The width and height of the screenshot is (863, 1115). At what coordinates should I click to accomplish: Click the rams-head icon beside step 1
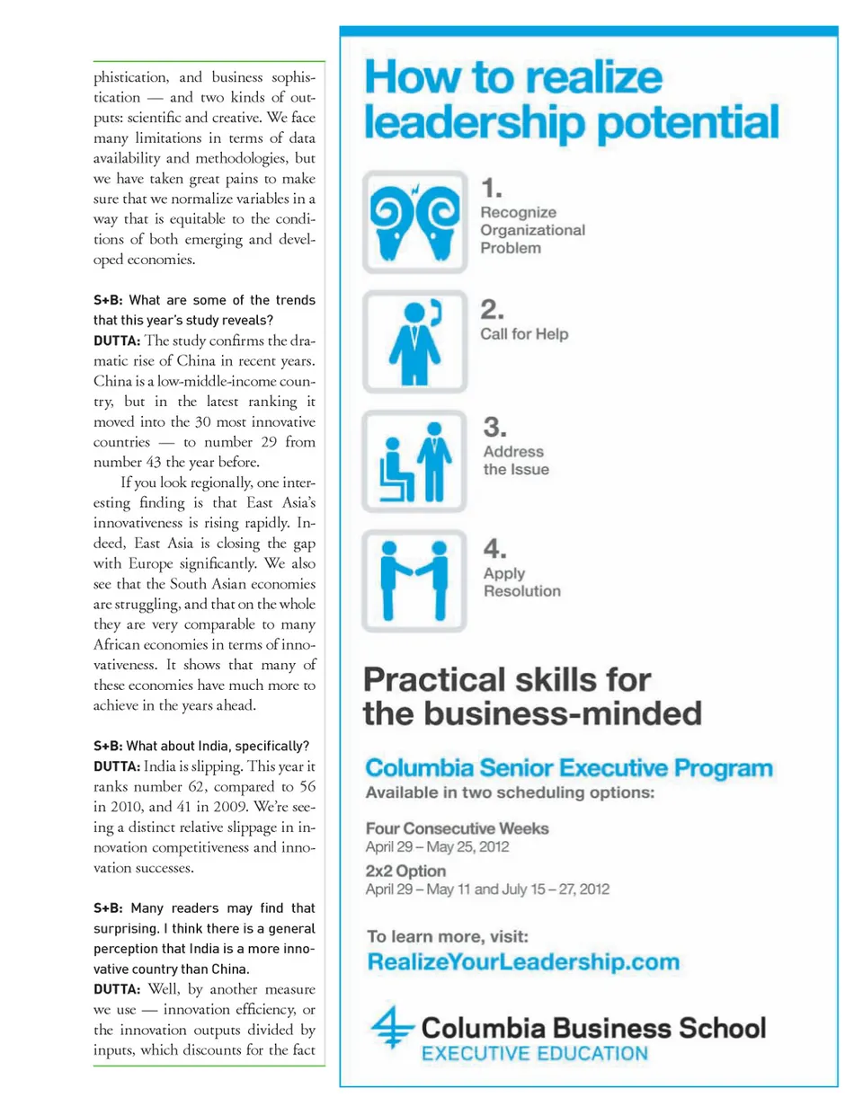click(414, 221)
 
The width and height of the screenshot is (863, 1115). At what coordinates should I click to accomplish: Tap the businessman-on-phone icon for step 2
click(414, 341)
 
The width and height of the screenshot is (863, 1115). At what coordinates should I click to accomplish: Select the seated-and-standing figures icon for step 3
click(414, 462)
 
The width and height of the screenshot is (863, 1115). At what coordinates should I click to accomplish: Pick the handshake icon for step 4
click(414, 581)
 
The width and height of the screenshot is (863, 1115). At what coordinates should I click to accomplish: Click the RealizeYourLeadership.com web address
click(523, 962)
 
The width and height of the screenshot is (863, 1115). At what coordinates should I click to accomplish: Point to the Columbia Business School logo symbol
click(392, 1026)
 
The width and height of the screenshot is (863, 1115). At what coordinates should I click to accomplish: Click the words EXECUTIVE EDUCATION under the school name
click(534, 1054)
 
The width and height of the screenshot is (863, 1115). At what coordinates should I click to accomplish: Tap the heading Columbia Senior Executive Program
click(568, 768)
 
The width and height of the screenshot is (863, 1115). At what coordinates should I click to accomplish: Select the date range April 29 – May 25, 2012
click(437, 847)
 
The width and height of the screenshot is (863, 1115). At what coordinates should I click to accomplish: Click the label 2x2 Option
click(405, 871)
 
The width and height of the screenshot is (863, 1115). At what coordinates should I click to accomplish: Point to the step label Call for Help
click(524, 334)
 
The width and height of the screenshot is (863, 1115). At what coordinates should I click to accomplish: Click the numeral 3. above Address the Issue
click(494, 427)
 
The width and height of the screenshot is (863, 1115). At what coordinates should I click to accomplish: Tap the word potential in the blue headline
click(688, 123)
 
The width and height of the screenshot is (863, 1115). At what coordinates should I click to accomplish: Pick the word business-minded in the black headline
click(563, 714)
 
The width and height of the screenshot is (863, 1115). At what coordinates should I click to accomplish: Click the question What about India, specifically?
click(218, 746)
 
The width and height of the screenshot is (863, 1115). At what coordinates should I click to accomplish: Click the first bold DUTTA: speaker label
click(117, 341)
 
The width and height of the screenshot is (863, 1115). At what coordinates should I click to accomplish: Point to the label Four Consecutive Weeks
click(457, 828)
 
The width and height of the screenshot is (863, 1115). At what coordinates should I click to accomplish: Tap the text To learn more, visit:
click(448, 936)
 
